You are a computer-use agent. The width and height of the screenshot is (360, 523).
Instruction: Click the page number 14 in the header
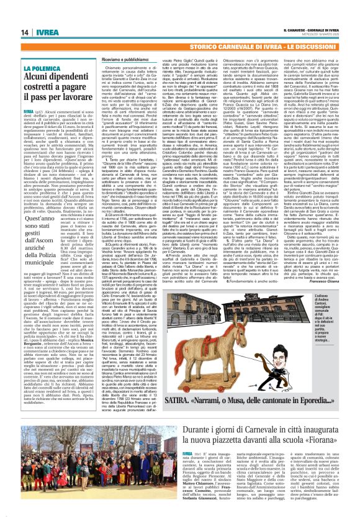11,15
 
